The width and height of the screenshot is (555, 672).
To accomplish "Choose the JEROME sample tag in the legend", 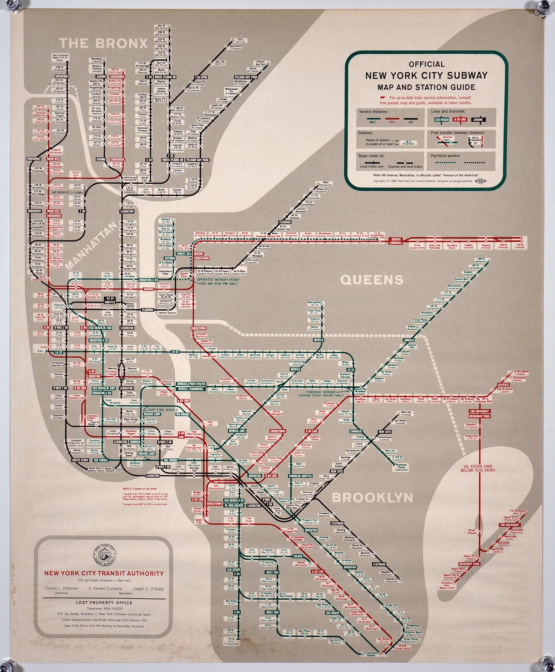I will pos(478,120).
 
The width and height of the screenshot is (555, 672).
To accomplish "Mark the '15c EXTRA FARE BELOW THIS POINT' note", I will pos(478,468).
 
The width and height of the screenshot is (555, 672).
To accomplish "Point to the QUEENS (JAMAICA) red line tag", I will pos(395,241).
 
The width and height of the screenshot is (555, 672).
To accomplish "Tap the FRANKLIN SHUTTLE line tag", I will pos(300,476).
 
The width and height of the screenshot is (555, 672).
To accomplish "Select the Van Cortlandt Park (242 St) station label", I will pos(60,57).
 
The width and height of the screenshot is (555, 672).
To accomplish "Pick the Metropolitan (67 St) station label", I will pos(316,303).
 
